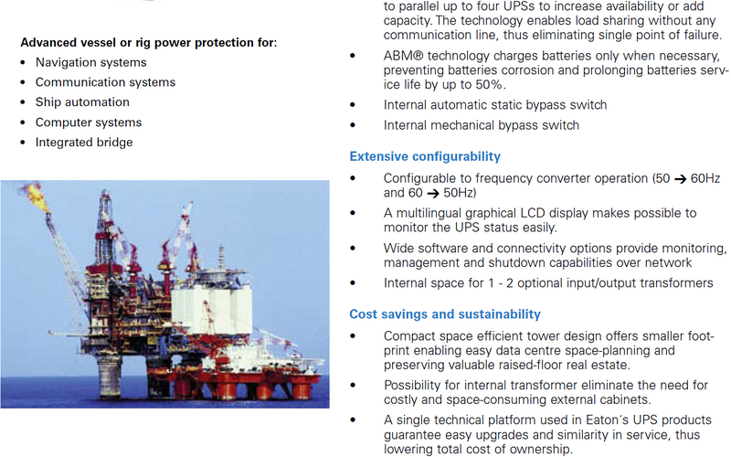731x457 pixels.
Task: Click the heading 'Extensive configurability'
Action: tap(425, 156)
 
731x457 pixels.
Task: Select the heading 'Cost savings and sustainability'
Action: tap(445, 314)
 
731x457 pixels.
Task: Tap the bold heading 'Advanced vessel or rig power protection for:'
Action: tap(149, 42)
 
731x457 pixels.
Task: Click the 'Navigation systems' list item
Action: tap(90, 62)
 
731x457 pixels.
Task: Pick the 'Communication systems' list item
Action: tap(105, 82)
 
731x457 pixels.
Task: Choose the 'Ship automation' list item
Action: tap(82, 102)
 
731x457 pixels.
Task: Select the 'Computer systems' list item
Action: tap(89, 122)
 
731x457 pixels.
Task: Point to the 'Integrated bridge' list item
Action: tap(84, 143)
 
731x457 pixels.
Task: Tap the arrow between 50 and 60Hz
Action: tap(681, 179)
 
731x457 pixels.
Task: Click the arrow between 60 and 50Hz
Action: tap(433, 194)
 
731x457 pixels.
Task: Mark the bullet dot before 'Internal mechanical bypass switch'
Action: tap(353, 125)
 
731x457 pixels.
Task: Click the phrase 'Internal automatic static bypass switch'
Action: tap(495, 105)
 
